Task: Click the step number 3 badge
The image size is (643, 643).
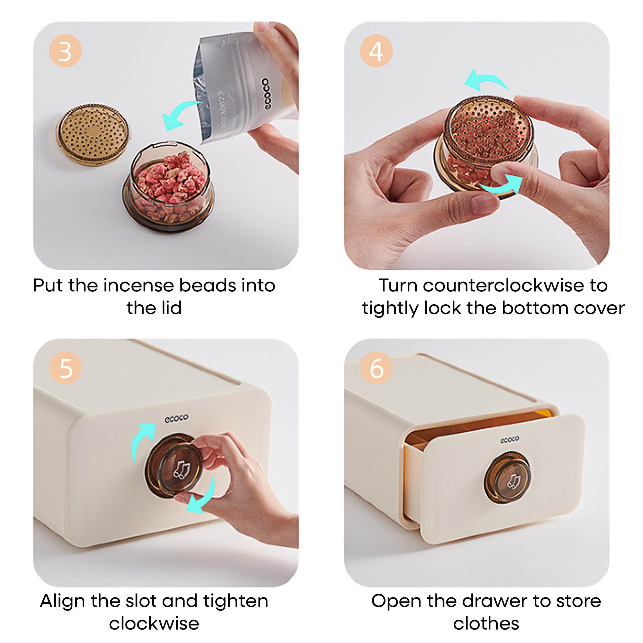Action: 65,51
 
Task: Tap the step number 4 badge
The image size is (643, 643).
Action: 376,51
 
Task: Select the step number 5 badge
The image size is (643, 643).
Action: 65,368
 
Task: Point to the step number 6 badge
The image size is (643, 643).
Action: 376,368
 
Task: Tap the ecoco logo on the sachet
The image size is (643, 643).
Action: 266,94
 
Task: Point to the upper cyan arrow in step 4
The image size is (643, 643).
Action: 487,78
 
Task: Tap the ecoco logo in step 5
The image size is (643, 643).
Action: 176,418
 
